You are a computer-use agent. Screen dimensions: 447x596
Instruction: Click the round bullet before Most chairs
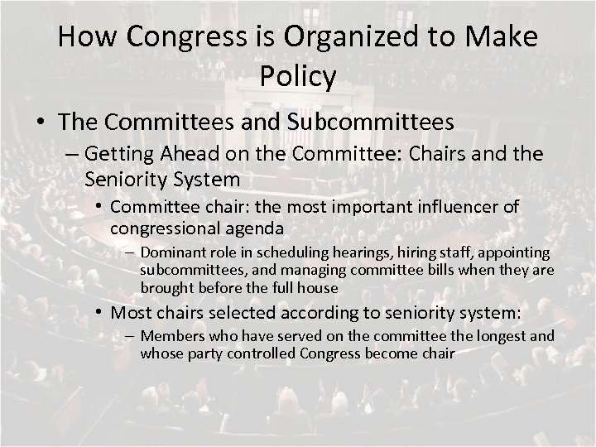pyautogui.click(x=99, y=313)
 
